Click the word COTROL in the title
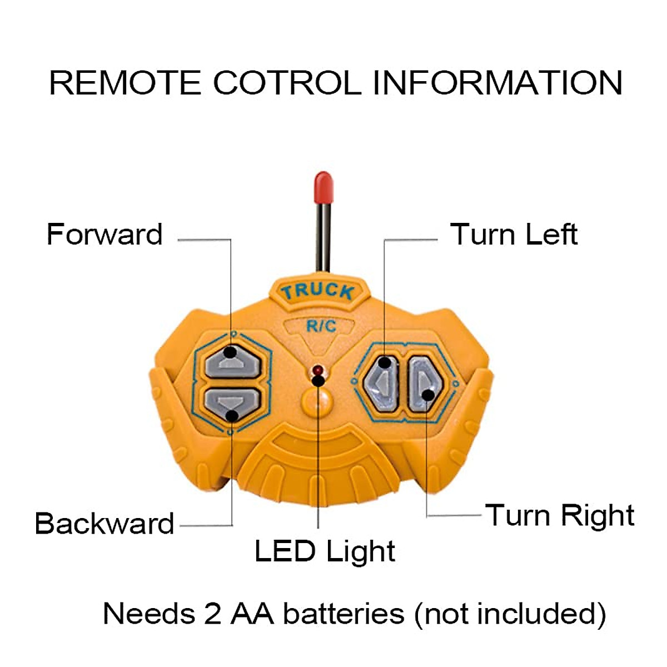click(287, 83)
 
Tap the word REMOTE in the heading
click(125, 83)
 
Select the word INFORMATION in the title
click(497, 83)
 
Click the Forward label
click(104, 234)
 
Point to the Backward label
click(104, 524)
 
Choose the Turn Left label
click(514, 234)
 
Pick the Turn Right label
click(560, 515)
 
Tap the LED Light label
click(325, 551)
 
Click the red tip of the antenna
click(323, 187)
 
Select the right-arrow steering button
click(425, 384)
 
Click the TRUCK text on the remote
click(317, 291)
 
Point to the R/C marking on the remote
click(321, 326)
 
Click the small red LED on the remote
click(318, 370)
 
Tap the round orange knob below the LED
click(317, 401)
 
